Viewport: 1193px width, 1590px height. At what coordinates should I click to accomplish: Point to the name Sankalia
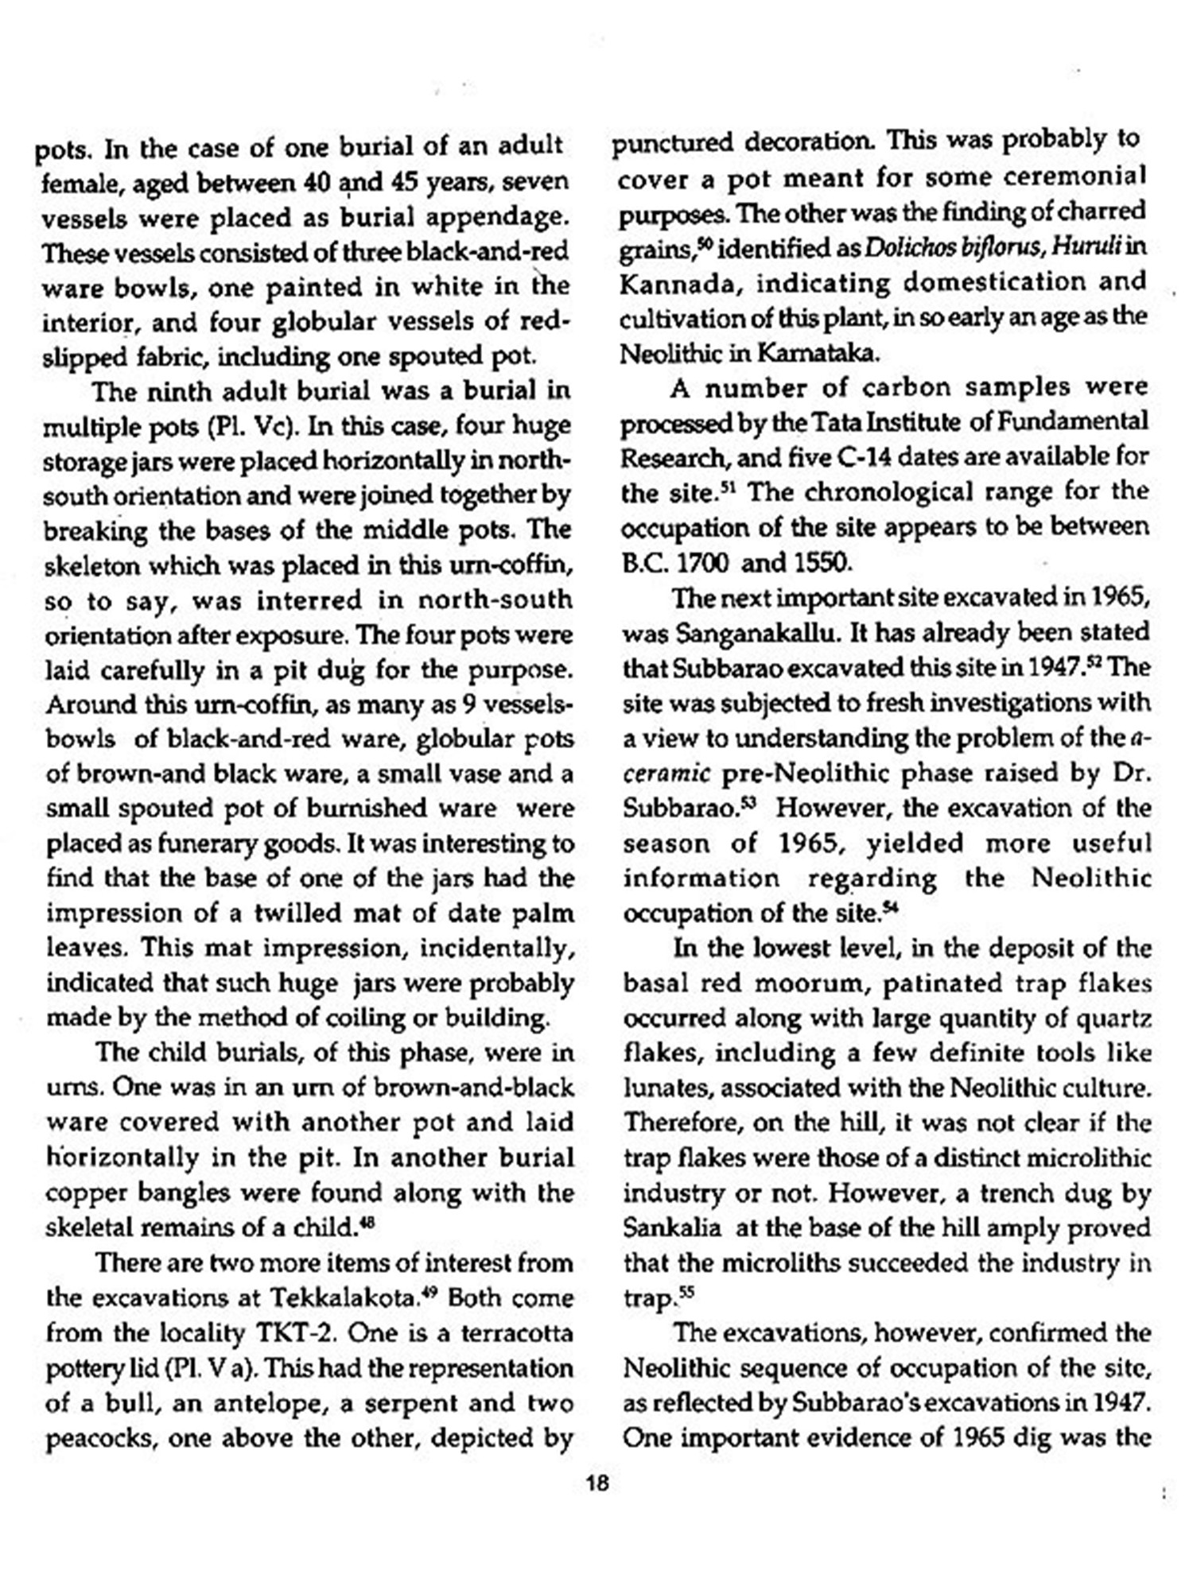coord(672,1227)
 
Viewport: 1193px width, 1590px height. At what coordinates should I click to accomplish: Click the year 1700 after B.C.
coord(701,563)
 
